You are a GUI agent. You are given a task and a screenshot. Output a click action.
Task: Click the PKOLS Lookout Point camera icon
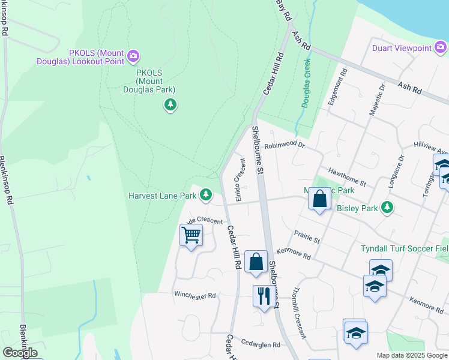pos(133,57)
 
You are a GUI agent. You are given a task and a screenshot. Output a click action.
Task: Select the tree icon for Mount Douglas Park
pos(171,106)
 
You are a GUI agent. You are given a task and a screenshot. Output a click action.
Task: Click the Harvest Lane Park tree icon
pos(206,195)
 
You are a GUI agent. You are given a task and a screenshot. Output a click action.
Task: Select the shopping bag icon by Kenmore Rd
pos(256,262)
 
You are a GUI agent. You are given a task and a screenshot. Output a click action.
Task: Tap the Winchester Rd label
pos(194,295)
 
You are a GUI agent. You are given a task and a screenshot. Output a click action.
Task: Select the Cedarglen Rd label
pos(260,345)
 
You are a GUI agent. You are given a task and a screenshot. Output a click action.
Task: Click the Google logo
pos(20,353)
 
